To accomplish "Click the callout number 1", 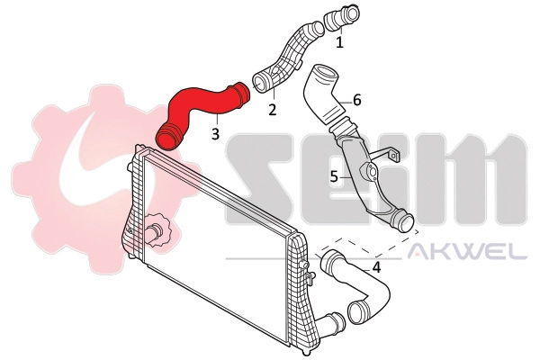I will pos(340,41).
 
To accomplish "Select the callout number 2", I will pos(271,110).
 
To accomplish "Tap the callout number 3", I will pos(215,133).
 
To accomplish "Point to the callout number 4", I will pos(376,266).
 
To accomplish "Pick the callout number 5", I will pos(334,176).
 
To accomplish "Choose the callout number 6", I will pos(356,100).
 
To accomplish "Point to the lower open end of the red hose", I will pos(168,138).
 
